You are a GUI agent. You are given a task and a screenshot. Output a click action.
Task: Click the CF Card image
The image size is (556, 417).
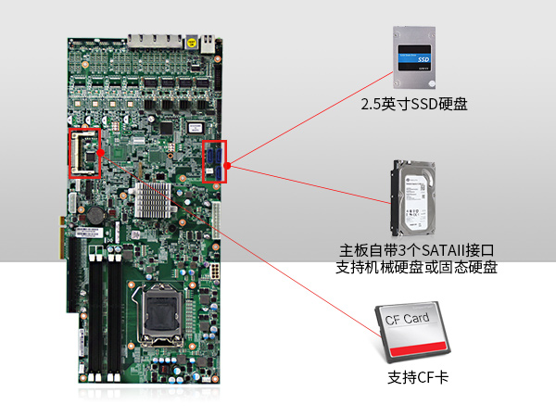point(414,333)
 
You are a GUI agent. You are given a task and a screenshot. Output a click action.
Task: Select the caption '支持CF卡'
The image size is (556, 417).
point(414,379)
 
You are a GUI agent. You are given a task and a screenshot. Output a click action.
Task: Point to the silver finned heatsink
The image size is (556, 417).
point(152,198)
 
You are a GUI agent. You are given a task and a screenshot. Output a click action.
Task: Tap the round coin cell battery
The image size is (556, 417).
point(95,212)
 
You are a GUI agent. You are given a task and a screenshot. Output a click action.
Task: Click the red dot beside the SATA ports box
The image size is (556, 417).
point(226,167)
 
